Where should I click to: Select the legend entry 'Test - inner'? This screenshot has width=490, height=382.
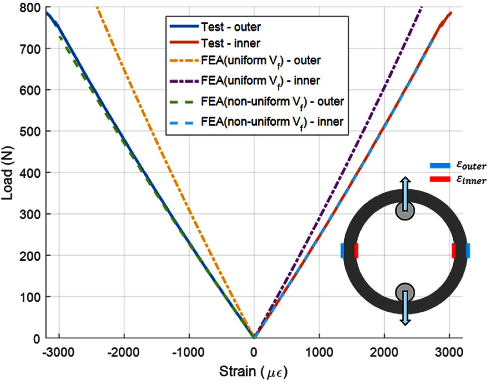[x=230, y=44]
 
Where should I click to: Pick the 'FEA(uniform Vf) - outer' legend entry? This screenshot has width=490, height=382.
[x=261, y=60]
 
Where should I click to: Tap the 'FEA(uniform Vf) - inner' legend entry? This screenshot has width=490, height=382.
[x=260, y=81]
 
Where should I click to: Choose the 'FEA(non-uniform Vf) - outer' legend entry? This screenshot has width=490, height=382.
[x=272, y=101]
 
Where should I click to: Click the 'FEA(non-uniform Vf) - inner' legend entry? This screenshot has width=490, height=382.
[x=272, y=122]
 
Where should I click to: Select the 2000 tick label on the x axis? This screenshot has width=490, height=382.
[x=384, y=353]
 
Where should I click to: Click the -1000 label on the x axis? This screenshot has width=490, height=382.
[x=188, y=353]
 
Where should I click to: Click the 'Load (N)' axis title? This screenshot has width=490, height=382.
[x=8, y=172]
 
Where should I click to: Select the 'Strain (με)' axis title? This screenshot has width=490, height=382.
[x=253, y=372]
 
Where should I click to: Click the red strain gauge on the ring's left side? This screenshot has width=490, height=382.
[x=356, y=251]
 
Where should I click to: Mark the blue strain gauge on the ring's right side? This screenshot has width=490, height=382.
[x=468, y=251]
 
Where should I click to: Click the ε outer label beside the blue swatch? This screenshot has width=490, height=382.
[x=471, y=166]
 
